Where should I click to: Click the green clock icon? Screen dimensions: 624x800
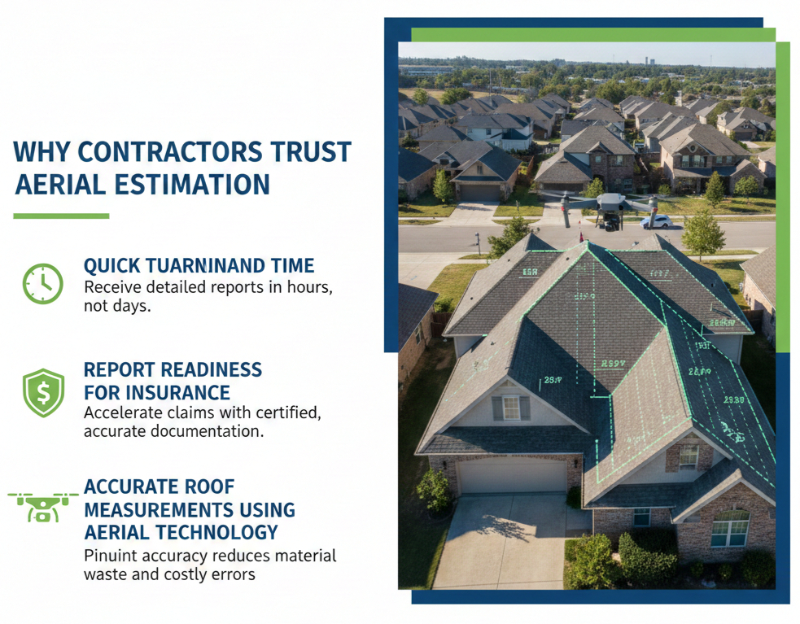click(42, 284)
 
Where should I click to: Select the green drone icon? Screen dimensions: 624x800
click(42, 504)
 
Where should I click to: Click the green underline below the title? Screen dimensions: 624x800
click(61, 216)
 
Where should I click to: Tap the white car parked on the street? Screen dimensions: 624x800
click(656, 221)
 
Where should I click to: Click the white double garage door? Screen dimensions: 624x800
click(511, 477)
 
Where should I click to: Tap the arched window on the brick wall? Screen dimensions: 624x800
click(730, 529)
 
